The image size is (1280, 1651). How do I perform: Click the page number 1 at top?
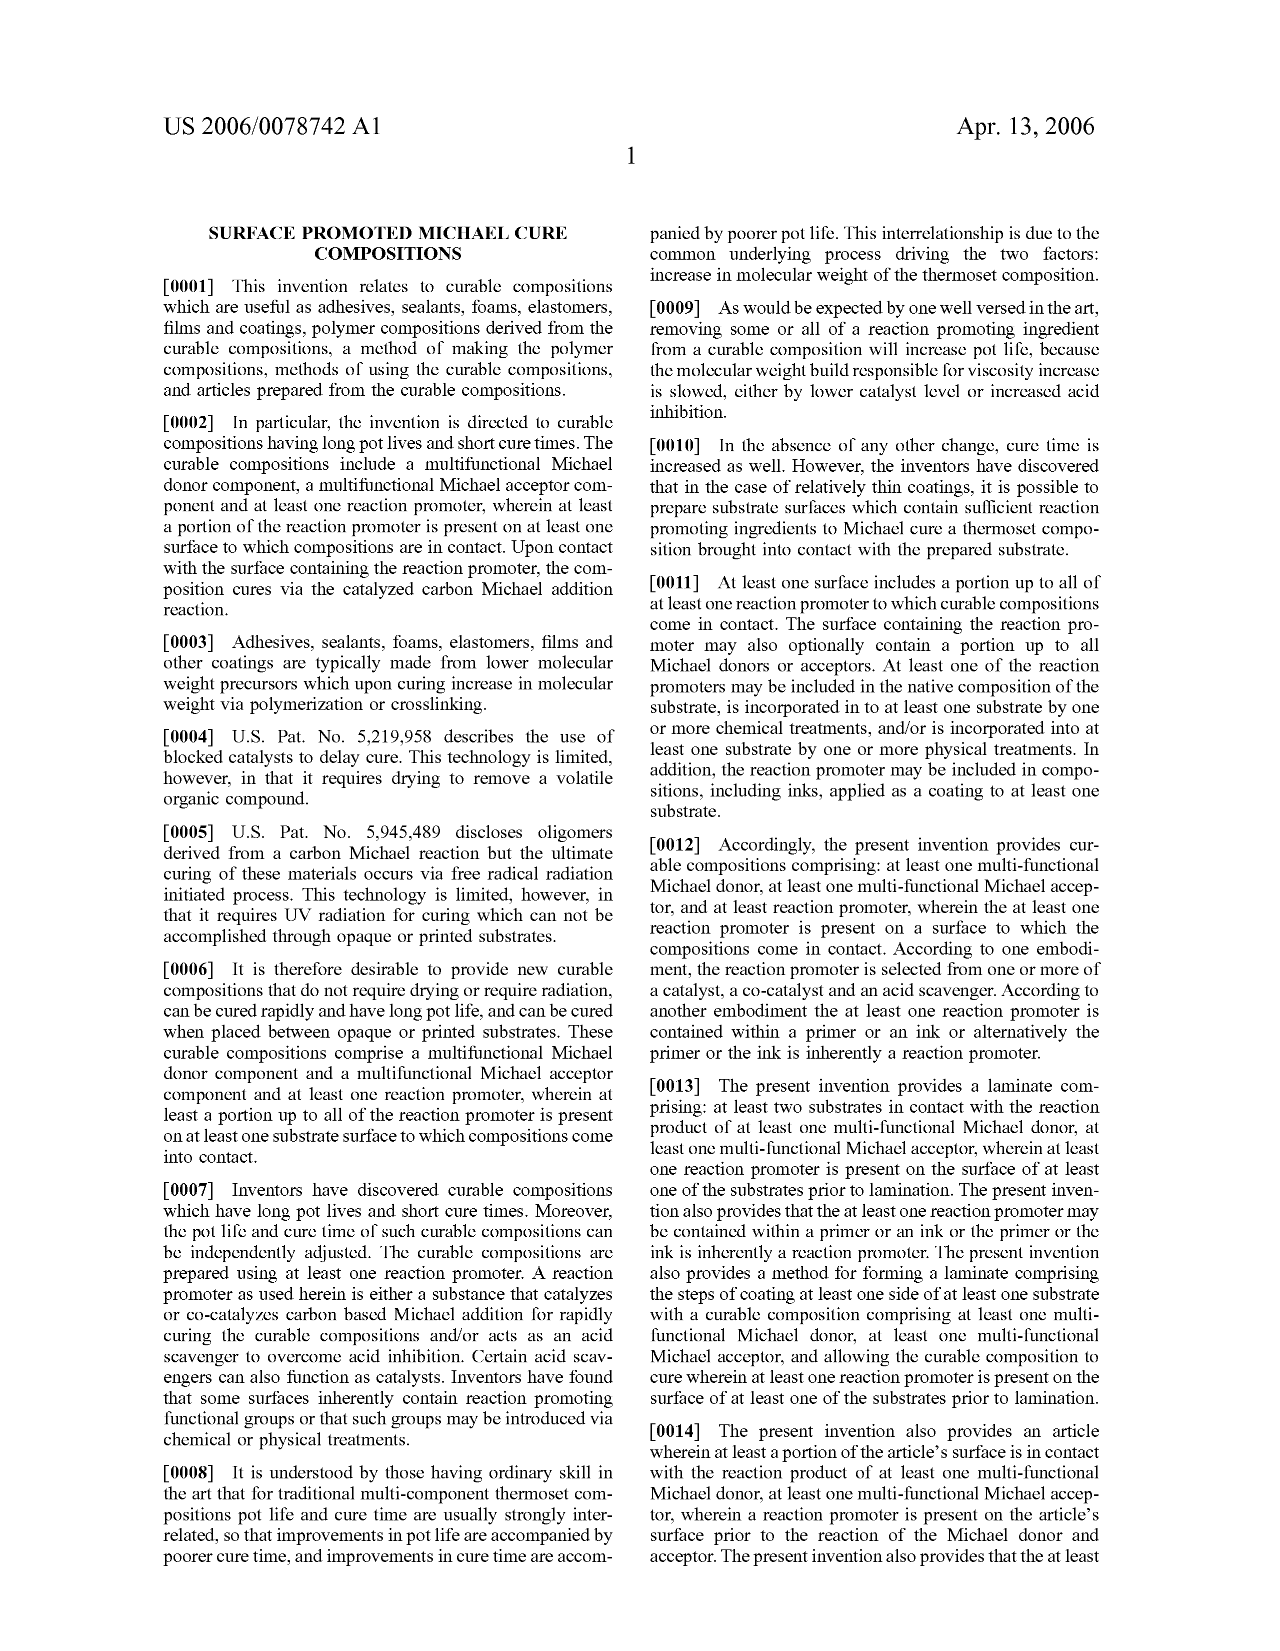631,157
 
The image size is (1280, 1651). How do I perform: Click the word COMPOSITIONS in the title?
387,254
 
